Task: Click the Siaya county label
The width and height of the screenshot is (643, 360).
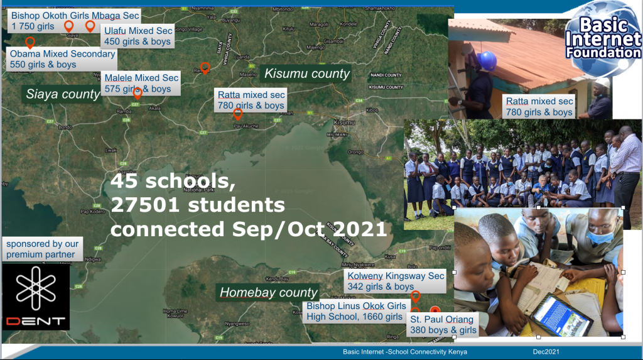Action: coord(63,94)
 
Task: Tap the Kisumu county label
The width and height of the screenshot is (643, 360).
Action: coord(306,74)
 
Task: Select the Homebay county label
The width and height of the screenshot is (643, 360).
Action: coord(268,293)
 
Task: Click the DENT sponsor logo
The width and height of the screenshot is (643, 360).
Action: coord(36,298)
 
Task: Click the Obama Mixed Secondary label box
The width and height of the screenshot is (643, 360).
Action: coord(62,59)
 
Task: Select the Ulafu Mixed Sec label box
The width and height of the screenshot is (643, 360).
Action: coord(138,36)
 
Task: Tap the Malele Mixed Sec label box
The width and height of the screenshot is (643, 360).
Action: coord(141,83)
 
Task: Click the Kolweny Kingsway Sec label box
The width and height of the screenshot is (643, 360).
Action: coord(396,281)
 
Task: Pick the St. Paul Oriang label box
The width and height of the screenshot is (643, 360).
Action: coord(443,325)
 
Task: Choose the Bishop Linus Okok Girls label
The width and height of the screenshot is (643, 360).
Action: coord(356,311)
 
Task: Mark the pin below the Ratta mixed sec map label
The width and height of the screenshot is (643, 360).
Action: coord(237,114)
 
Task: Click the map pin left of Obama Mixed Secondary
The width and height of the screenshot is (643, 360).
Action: coord(30,43)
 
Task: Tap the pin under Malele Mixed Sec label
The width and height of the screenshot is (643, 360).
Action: coord(138,94)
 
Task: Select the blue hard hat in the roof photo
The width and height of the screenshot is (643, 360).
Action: coord(486,61)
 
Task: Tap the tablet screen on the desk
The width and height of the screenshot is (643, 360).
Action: coord(562,314)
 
